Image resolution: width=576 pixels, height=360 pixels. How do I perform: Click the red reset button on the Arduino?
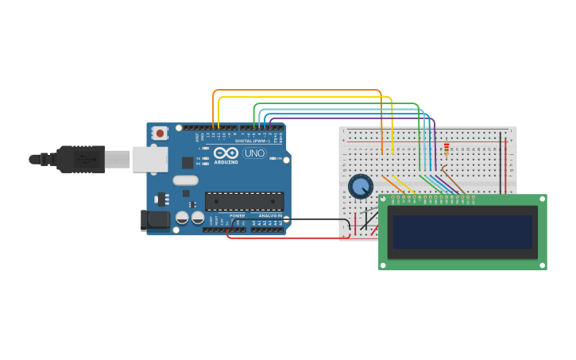tap(160, 133)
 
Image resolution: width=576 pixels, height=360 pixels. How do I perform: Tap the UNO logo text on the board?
tap(254, 153)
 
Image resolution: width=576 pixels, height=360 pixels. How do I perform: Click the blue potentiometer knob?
tap(361, 187)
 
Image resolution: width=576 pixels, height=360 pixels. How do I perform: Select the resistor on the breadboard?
tap(446, 150)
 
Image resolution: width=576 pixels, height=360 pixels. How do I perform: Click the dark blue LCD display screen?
tap(462, 232)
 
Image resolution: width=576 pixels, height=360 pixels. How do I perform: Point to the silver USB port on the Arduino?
tap(149, 159)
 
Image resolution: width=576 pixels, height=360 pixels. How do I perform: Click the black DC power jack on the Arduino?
tap(154, 219)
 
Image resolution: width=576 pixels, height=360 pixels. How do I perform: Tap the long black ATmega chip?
tap(244, 201)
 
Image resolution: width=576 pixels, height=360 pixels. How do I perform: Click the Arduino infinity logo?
tap(226, 153)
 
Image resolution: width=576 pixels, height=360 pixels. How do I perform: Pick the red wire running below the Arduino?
tap(286, 238)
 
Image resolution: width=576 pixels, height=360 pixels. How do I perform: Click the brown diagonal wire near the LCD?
tap(454, 181)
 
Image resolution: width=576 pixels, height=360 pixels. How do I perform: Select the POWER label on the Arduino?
tap(238, 215)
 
